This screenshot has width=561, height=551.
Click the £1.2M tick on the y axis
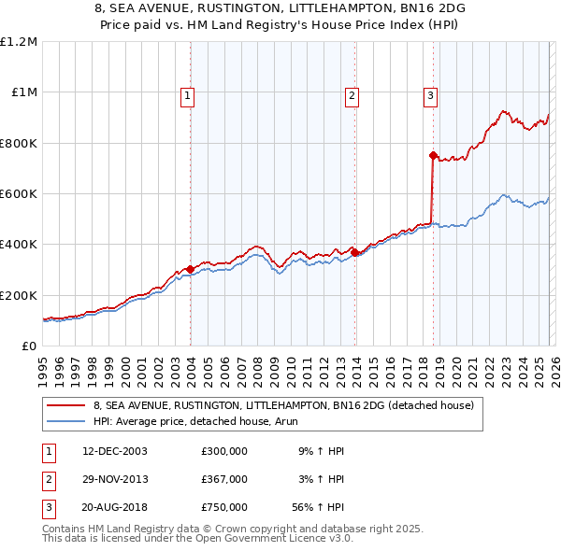pos(19,42)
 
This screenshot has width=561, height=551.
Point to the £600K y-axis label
pos(19,194)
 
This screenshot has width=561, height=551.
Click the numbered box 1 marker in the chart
pos(188,94)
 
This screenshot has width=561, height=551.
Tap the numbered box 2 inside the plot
pos(352,94)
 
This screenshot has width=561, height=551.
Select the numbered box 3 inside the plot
pos(430,94)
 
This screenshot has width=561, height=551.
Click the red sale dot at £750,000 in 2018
pos(433,156)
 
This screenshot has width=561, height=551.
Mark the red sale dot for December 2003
pos(190,269)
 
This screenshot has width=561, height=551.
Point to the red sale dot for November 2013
pos(355,252)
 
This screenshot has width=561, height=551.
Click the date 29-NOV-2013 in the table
pos(114,479)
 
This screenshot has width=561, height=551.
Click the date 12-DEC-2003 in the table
pos(114,451)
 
